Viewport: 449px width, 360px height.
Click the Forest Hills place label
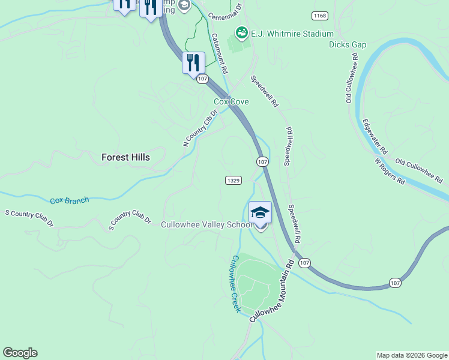click(125, 157)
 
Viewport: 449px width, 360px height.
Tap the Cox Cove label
click(232, 102)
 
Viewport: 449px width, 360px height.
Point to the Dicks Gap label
click(347, 44)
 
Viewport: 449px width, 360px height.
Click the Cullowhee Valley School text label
click(206, 224)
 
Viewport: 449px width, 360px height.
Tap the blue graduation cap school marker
click(260, 212)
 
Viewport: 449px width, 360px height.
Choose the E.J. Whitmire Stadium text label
click(284, 34)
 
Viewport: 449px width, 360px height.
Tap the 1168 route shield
click(320, 15)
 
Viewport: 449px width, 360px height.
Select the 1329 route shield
click(234, 180)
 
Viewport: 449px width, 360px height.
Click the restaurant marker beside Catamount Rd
click(193, 62)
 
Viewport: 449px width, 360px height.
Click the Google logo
click(20, 353)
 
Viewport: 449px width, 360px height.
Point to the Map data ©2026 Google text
click(412, 355)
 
